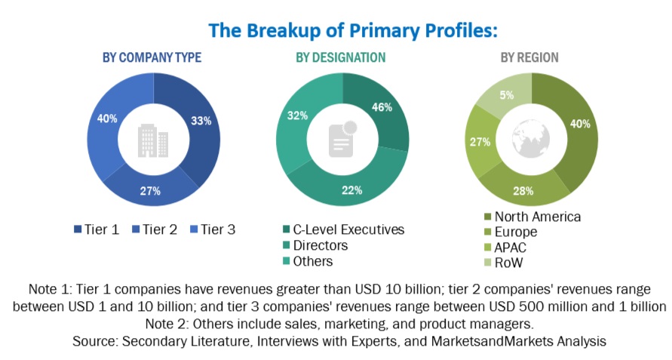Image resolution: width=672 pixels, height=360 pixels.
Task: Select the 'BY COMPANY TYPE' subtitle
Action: point(152,57)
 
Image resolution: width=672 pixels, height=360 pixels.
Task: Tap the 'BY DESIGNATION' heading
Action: point(340,57)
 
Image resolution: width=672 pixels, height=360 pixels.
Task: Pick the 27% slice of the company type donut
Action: point(151,190)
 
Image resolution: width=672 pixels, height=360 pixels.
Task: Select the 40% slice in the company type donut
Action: point(106,118)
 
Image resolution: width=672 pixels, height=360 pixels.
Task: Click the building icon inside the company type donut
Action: point(152,139)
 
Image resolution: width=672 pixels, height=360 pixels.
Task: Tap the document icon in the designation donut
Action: point(341,139)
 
